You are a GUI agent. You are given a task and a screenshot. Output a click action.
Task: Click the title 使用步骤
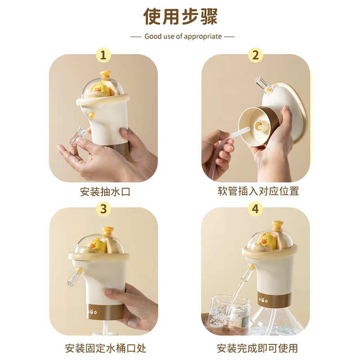click(180, 16)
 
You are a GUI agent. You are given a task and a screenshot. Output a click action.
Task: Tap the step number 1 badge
click(103, 55)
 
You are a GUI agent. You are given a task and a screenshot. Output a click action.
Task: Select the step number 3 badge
click(103, 208)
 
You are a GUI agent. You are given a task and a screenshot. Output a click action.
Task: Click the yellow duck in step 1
click(100, 89)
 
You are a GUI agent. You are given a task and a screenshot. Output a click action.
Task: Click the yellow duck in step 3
click(97, 245)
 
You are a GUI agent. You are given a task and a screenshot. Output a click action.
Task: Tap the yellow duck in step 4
click(268, 241)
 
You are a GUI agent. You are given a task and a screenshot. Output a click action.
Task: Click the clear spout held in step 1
click(79, 135)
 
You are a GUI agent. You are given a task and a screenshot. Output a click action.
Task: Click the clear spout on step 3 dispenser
click(74, 276)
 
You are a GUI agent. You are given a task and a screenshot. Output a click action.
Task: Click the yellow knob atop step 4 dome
click(278, 225)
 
